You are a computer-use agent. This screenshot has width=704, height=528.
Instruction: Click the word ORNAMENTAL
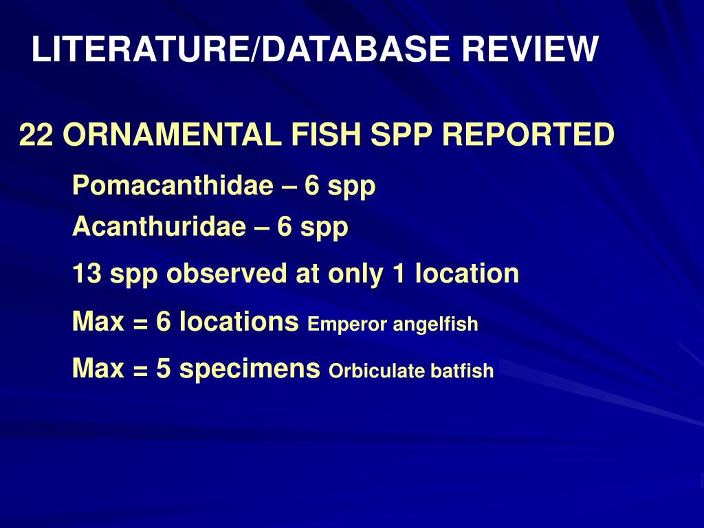(173, 135)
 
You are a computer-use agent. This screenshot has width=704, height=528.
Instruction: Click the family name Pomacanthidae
(173, 186)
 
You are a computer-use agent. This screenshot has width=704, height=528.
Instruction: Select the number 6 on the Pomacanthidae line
(312, 186)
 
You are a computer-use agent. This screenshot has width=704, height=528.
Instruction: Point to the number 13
(87, 274)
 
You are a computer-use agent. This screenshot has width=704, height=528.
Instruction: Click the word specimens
(250, 370)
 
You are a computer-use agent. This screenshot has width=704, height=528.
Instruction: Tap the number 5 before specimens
(163, 369)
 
